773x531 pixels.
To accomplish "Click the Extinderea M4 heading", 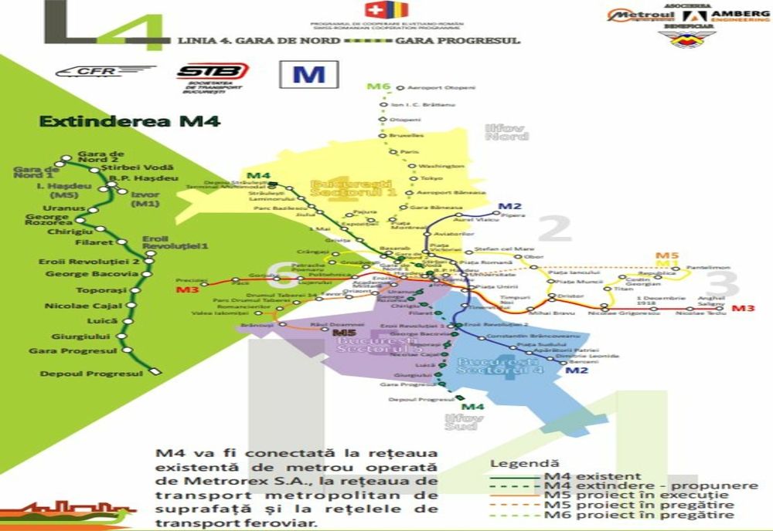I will [x=129, y=121].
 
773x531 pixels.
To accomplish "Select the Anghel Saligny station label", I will [x=710, y=301].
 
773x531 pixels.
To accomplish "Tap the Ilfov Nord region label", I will [x=506, y=132].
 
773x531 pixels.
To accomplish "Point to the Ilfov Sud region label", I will [x=465, y=421].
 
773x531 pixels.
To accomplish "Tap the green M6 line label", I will [x=378, y=86].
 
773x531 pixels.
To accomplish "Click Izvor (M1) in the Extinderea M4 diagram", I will [x=145, y=199].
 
